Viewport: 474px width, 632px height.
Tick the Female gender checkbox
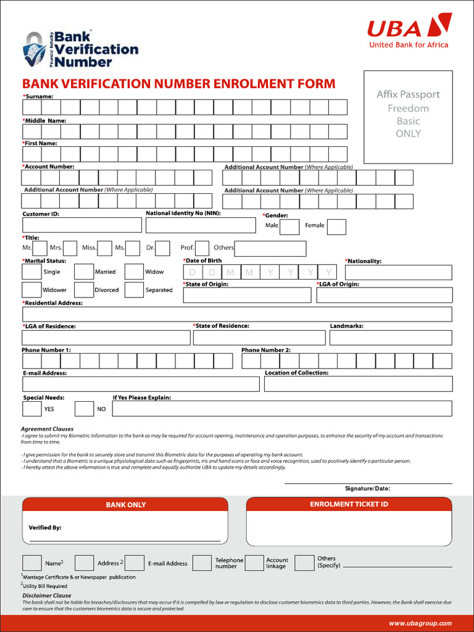coord(336,227)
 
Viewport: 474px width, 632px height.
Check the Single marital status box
coord(32,272)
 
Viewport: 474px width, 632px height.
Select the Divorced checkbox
coord(84,290)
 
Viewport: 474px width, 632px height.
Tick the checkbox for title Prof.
coord(202,248)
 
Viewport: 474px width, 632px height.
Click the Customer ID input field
coord(81,225)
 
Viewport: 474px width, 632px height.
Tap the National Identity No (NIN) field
coord(200,225)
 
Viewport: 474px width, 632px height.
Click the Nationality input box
coord(398,272)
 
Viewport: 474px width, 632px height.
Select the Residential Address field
coord(236,314)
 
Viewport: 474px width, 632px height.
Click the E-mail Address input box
coord(140,384)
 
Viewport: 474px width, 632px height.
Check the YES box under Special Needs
coord(32,409)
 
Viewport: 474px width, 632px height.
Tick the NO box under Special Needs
coord(84,409)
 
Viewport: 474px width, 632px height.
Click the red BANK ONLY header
coord(125,505)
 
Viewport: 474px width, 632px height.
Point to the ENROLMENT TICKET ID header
coord(349,504)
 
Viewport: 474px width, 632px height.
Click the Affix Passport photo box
coord(408,117)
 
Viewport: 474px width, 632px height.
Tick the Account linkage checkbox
coord(254,563)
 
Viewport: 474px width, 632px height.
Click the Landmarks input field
coord(390,338)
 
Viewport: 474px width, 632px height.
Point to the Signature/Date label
coord(367,489)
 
